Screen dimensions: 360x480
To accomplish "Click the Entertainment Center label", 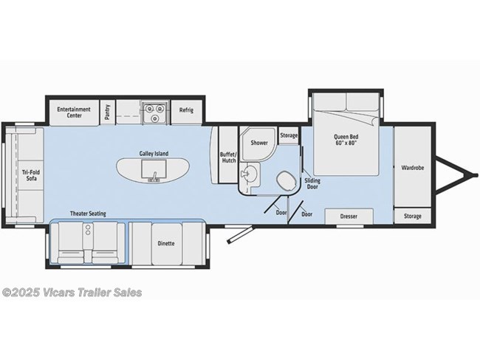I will click(74, 112).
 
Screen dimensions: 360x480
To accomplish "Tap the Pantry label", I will click(108, 111).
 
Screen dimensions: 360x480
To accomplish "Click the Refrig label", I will click(186, 110).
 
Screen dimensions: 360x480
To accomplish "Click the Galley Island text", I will click(154, 154).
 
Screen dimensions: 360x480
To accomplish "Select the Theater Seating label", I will click(88, 214).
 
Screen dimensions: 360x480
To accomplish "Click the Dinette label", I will click(166, 244).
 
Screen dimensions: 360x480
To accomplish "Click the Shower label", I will click(258, 143).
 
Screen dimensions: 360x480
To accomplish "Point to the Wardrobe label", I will click(412, 168).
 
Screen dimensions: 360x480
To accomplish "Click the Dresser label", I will click(349, 216).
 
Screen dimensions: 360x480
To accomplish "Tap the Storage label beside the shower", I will click(289, 136).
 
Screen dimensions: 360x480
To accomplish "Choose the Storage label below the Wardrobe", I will click(412, 216).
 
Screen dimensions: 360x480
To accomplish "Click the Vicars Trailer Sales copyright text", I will click(72, 293).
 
